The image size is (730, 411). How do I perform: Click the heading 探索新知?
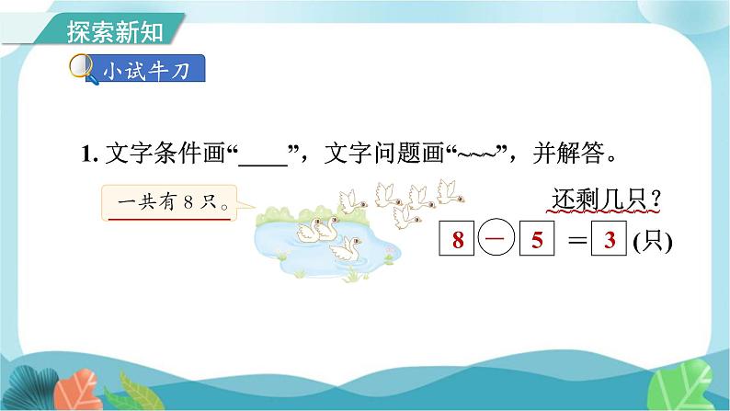[x=115, y=30]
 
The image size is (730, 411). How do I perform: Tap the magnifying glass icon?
[x=81, y=69]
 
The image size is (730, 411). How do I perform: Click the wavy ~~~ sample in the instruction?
[x=478, y=154]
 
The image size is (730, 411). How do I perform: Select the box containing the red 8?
[x=458, y=241]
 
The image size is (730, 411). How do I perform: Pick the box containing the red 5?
[x=539, y=241]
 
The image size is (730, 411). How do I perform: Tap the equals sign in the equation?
[x=576, y=241]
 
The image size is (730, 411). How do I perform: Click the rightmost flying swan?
[x=450, y=189]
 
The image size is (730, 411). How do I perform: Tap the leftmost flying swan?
[x=348, y=201]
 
